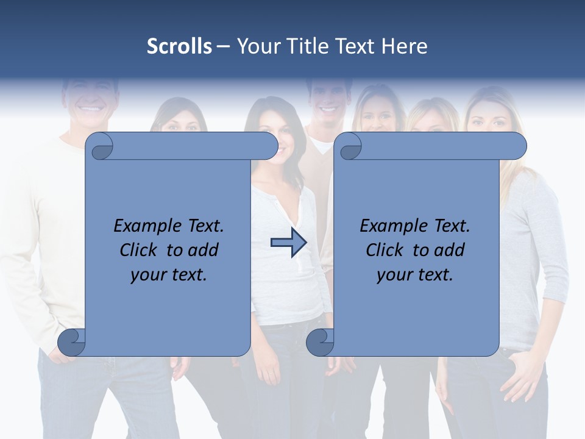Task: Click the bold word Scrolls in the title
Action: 179,46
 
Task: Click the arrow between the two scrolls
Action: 288,243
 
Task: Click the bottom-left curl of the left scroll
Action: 72,343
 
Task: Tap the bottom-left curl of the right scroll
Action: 320,343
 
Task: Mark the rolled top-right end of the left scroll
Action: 266,146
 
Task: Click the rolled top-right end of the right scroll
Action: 514,146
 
